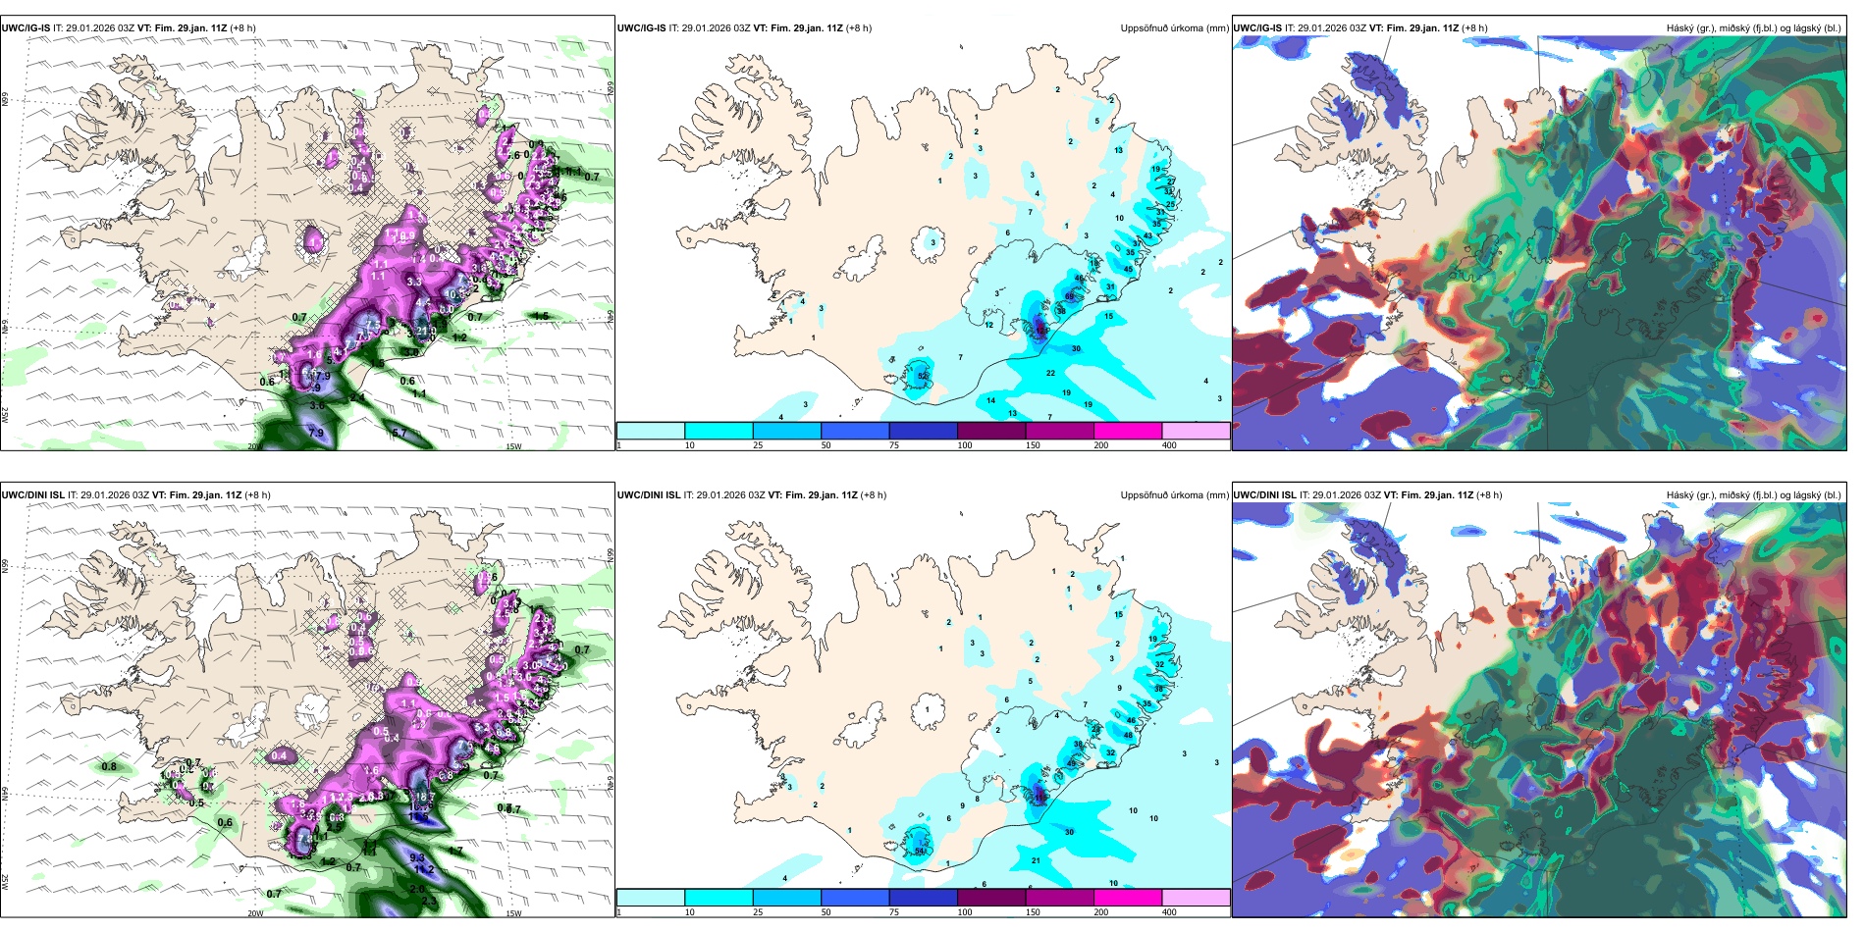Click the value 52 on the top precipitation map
coord(922,376)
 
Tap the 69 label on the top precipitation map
coord(1070,296)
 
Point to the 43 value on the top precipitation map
coord(1147,235)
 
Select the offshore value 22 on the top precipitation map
coord(1050,373)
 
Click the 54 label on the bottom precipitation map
coord(920,851)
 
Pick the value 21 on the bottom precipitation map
coord(1036,860)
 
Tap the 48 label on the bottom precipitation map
coord(1128,735)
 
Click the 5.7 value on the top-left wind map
coord(400,433)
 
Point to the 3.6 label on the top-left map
coord(317,405)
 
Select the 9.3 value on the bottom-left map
coord(417,857)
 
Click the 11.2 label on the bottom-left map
coord(424,869)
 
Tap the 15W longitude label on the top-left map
coord(512,445)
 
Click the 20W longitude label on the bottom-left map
coord(255,912)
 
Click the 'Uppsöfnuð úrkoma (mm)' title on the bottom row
coord(1174,495)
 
